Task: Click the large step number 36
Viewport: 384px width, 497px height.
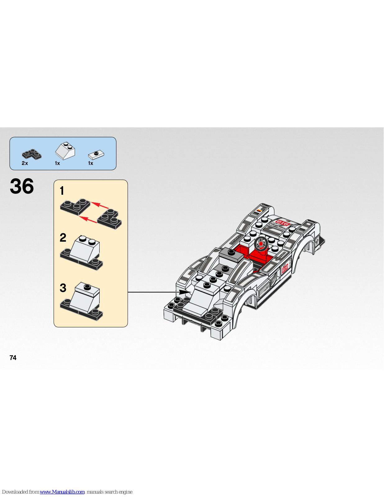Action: click(x=22, y=186)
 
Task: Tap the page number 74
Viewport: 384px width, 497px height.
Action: click(x=13, y=358)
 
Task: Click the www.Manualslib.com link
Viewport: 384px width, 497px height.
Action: click(x=62, y=492)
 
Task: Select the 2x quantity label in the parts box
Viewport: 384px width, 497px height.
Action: click(x=25, y=163)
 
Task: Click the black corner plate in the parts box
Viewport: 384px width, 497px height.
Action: click(x=32, y=154)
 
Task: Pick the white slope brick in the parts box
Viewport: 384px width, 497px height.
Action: click(x=65, y=151)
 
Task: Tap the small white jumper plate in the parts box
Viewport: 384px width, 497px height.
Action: click(x=96, y=154)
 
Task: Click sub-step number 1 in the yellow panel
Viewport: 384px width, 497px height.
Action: click(x=62, y=191)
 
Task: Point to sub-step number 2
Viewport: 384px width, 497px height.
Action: click(x=63, y=238)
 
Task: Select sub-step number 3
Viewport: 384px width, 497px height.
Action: click(x=63, y=288)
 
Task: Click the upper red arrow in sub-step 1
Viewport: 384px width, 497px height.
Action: click(x=100, y=206)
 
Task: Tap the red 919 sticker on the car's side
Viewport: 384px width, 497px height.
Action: click(x=285, y=268)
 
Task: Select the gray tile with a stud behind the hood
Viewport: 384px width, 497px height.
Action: click(x=231, y=254)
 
